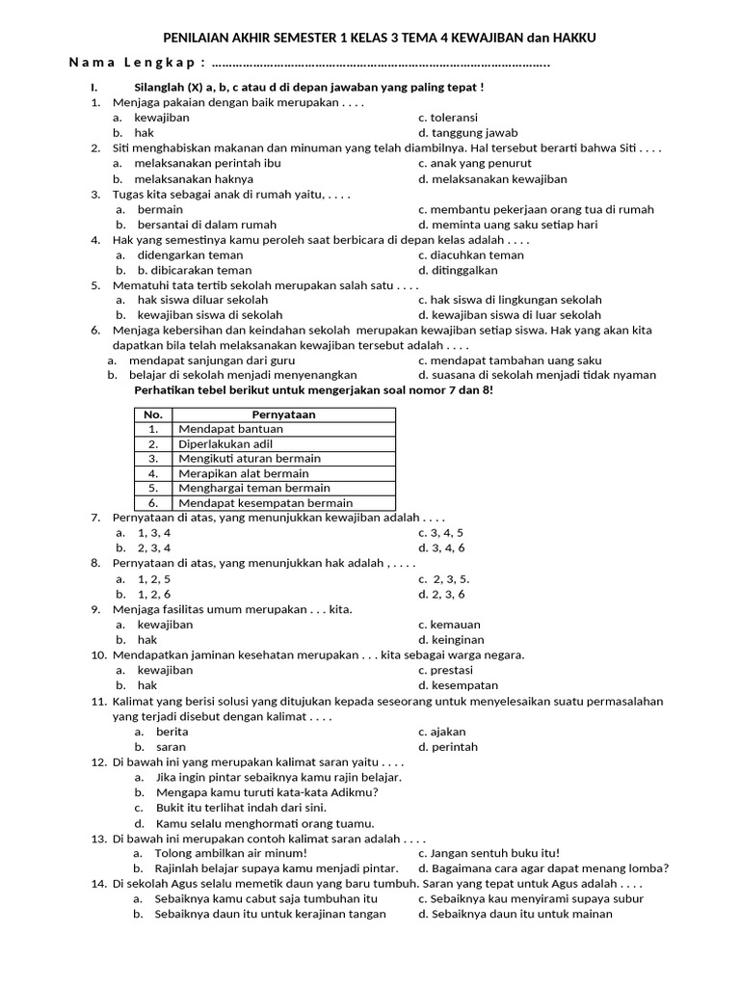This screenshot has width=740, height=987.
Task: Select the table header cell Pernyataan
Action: click(x=283, y=414)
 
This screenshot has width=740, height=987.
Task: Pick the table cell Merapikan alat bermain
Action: click(x=244, y=473)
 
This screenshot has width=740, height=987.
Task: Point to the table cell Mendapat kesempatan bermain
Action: click(x=265, y=503)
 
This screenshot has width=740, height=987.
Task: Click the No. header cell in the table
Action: click(x=152, y=414)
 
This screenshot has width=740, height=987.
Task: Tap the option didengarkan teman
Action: click(x=190, y=255)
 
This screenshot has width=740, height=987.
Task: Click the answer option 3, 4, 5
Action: click(x=440, y=532)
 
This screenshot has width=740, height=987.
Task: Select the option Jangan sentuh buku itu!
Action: click(x=489, y=853)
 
